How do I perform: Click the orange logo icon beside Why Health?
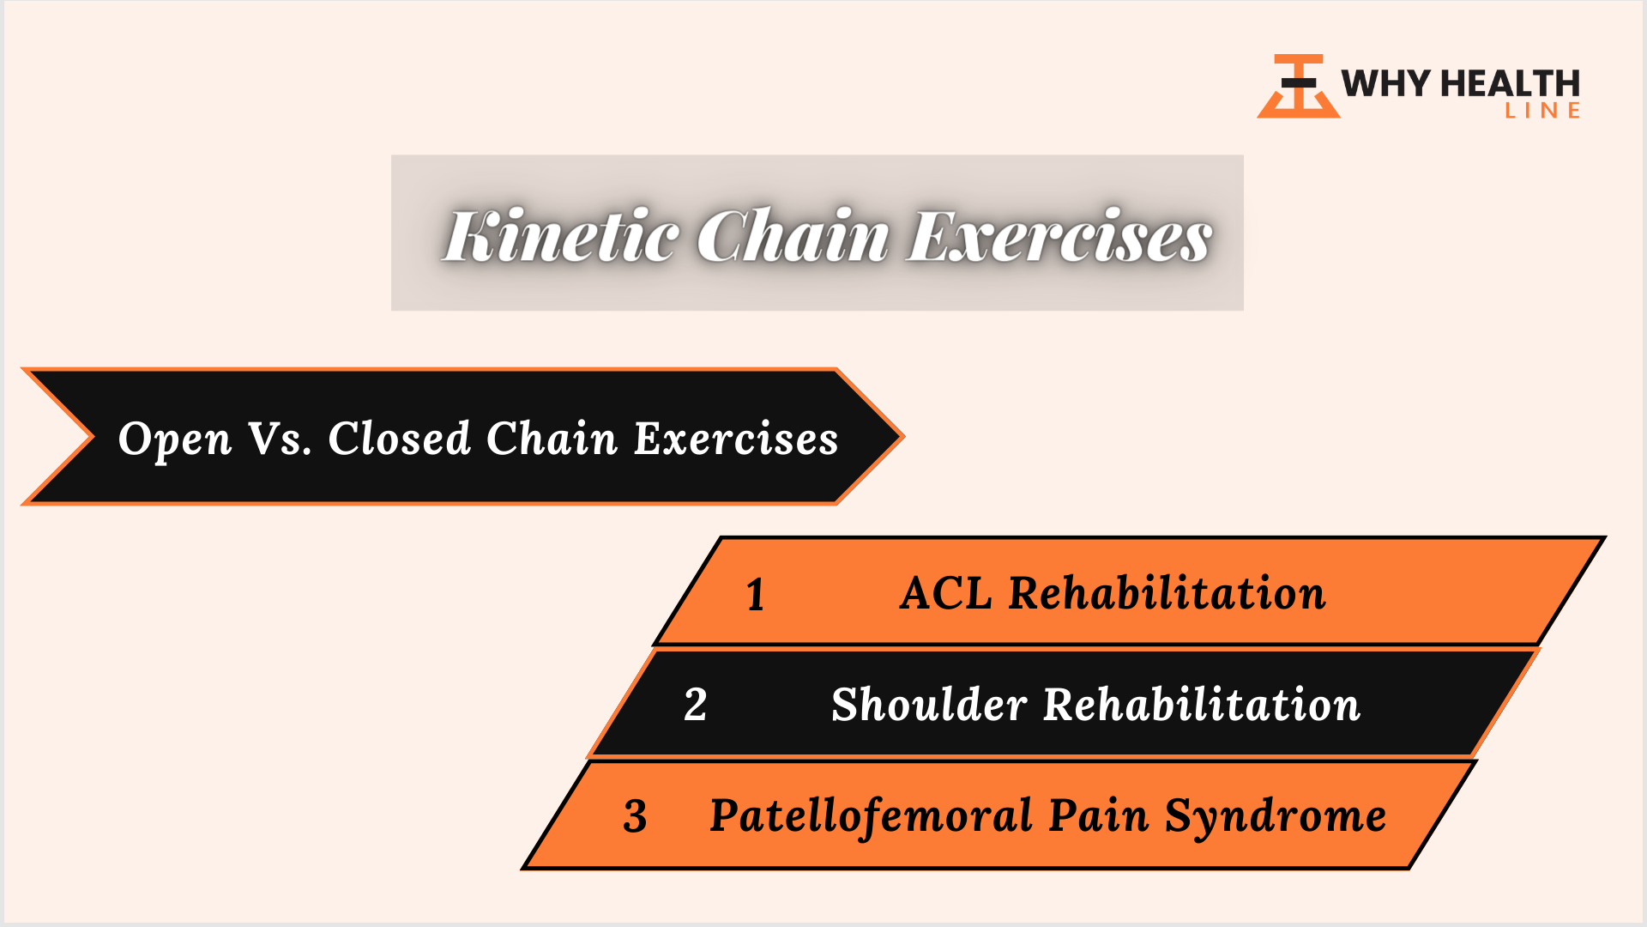pyautogui.click(x=1298, y=86)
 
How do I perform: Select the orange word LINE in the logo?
pyautogui.click(x=1542, y=110)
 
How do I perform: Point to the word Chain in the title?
pyautogui.click(x=793, y=235)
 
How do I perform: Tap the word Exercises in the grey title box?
pyautogui.click(x=1059, y=235)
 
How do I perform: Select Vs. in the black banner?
pyautogui.click(x=280, y=439)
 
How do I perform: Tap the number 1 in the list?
pyautogui.click(x=755, y=595)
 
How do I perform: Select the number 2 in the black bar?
pyautogui.click(x=696, y=705)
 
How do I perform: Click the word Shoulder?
pyautogui.click(x=929, y=704)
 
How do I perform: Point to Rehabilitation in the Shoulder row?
pyautogui.click(x=1202, y=704)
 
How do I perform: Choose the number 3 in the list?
pyautogui.click(x=635, y=816)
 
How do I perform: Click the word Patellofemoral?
pyautogui.click(x=871, y=815)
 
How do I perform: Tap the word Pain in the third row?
pyautogui.click(x=1098, y=815)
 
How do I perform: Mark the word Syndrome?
pyautogui.click(x=1276, y=817)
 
